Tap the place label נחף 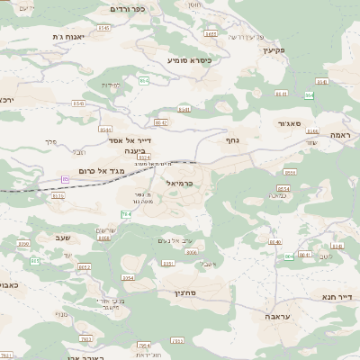click(231, 139)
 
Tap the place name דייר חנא click(335, 295)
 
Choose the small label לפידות click(111, 85)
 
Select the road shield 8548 click(79, 103)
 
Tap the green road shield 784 click(127, 213)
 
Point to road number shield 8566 click(192, 253)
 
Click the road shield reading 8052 click(85, 266)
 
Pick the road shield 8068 click(103, 238)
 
